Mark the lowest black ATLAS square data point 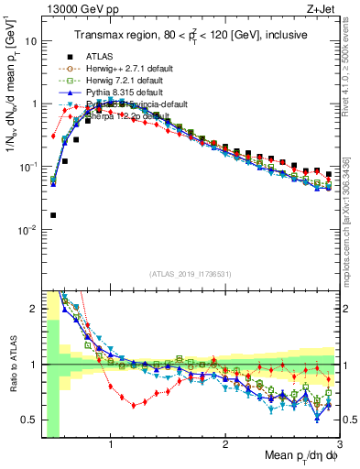(x=53, y=215)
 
